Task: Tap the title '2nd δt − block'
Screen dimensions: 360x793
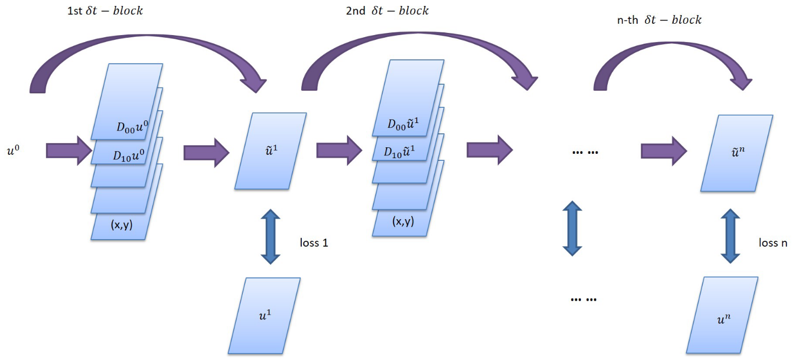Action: pyautogui.click(x=387, y=10)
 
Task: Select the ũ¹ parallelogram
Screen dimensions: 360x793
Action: pyautogui.click(x=270, y=151)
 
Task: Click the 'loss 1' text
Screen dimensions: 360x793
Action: pyautogui.click(x=314, y=242)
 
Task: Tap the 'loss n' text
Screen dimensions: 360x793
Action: pyautogui.click(x=772, y=242)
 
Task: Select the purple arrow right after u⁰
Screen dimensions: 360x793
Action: pyautogui.click(x=69, y=150)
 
